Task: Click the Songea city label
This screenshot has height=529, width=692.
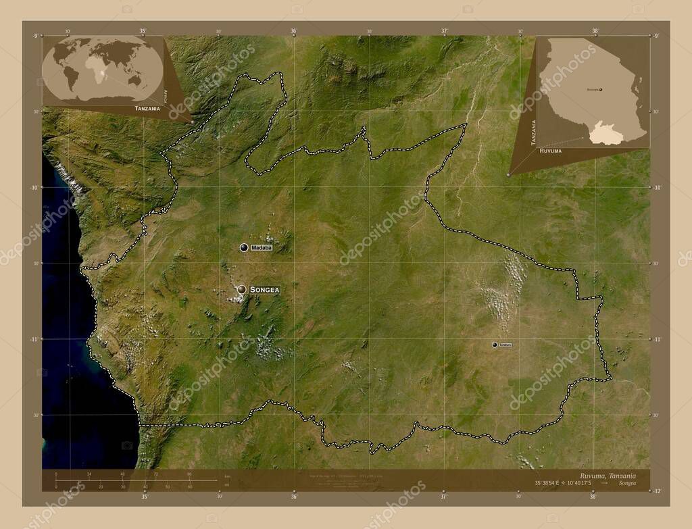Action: [x=264, y=290]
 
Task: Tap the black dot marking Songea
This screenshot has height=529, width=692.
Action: [x=242, y=290]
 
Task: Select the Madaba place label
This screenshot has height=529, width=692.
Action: [x=262, y=248]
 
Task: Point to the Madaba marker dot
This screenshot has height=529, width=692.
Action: [x=243, y=247]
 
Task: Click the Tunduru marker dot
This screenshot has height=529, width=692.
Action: [x=495, y=345]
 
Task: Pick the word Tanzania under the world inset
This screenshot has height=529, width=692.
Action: [x=147, y=108]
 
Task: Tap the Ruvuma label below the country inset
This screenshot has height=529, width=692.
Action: [x=551, y=151]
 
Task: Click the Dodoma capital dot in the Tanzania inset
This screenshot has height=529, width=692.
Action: [x=600, y=89]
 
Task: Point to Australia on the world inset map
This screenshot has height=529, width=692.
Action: [x=136, y=80]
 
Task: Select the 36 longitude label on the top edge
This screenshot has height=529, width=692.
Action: [x=294, y=31]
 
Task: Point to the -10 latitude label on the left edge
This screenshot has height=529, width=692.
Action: [x=35, y=187]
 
